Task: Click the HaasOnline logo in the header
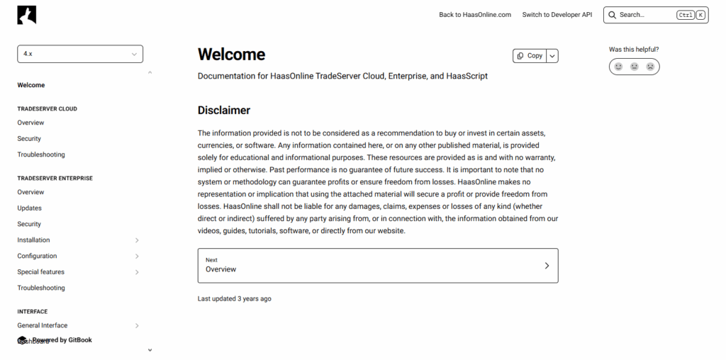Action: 27,15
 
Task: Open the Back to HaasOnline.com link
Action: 474,15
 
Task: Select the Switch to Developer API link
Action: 557,15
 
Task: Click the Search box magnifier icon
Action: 613,15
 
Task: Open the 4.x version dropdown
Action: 80,54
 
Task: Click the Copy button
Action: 530,56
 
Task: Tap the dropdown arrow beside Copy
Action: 552,56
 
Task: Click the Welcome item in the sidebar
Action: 31,85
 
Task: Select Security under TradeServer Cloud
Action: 29,139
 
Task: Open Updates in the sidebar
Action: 29,208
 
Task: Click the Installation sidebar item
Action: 33,240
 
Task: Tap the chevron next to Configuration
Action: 137,257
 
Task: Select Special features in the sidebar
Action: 40,272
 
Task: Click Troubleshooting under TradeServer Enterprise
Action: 41,288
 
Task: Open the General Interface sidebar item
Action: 43,326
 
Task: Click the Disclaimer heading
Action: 224,111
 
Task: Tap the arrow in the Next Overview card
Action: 547,266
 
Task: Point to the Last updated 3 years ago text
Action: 234,299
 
